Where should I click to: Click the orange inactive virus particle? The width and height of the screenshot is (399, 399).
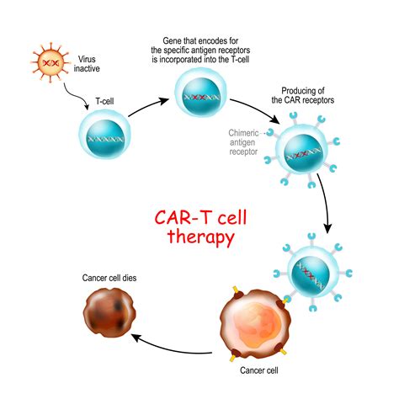(x=51, y=63)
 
